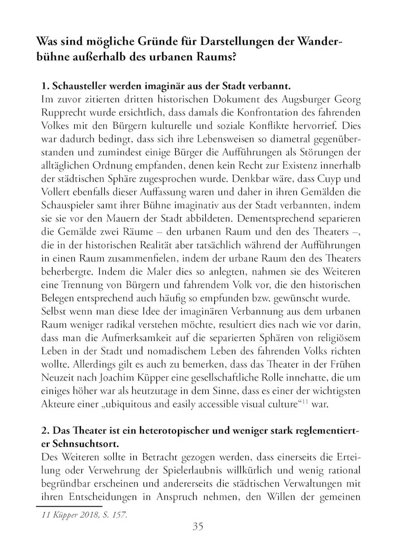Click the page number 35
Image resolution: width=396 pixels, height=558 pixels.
(x=198, y=526)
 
